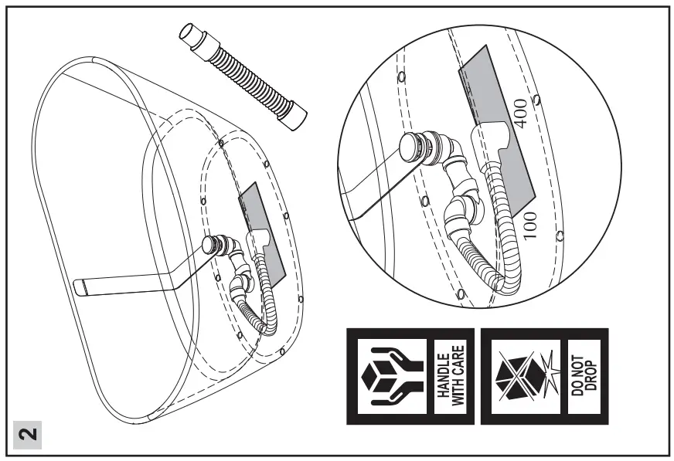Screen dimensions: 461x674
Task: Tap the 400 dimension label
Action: coord(520,114)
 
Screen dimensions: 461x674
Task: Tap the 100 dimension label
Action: coord(529,224)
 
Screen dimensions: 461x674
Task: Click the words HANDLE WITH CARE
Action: coord(451,376)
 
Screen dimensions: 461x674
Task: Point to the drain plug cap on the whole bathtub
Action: coord(210,246)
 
